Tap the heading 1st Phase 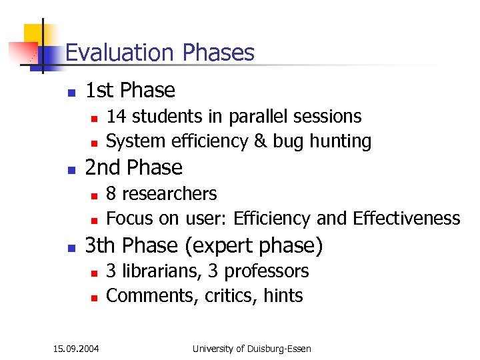[130, 90]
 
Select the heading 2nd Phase [133, 167]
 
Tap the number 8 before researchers [111, 194]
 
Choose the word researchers [170, 194]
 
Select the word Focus [129, 219]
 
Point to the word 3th [101, 246]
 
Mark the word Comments [149, 296]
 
